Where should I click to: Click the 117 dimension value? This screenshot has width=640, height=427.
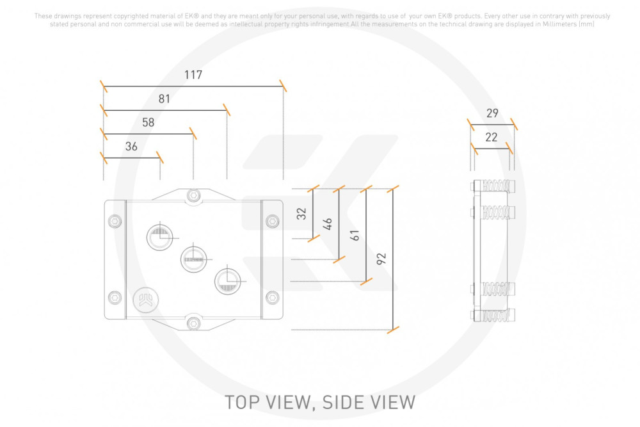[x=193, y=75]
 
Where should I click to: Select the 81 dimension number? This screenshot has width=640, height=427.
[x=164, y=99]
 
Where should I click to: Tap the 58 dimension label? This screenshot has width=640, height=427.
[x=148, y=122]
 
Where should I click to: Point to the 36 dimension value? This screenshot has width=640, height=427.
[x=131, y=147]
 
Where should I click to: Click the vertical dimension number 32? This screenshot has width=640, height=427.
[x=301, y=214]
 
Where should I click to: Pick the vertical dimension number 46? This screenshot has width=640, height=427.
[x=327, y=223]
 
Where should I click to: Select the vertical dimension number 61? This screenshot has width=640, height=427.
[x=355, y=235]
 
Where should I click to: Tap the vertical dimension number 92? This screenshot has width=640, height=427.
[x=381, y=259]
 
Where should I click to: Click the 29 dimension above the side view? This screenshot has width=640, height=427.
[x=492, y=113]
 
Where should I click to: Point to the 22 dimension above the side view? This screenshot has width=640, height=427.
[x=492, y=137]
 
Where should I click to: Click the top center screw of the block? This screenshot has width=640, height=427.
[x=193, y=195]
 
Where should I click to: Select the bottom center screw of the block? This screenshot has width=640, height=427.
[x=193, y=324]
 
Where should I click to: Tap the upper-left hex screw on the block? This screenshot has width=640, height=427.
[x=115, y=222]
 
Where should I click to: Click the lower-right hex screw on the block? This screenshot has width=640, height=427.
[x=272, y=298]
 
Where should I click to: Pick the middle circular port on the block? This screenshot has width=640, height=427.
[x=193, y=259]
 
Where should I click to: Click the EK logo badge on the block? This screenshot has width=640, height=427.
[x=146, y=300]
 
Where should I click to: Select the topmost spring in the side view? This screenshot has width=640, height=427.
[x=497, y=186]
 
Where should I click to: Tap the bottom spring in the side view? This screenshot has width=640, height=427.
[x=497, y=315]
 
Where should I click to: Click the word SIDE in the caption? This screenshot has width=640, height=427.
[x=342, y=403]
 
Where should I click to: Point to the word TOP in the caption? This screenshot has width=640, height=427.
[x=243, y=403]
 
